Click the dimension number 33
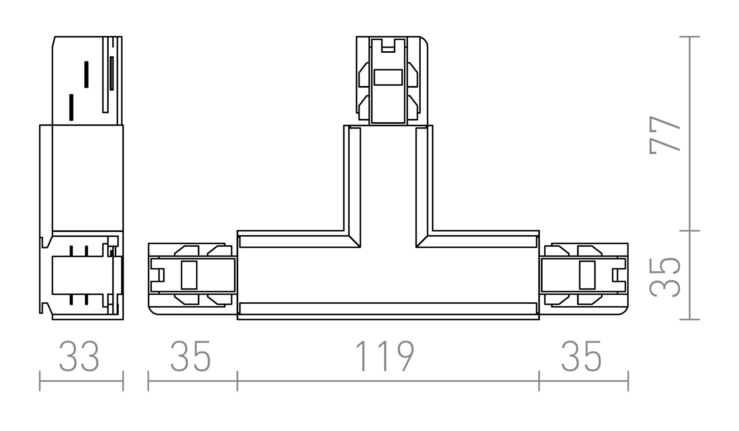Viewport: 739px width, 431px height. pyautogui.click(x=79, y=356)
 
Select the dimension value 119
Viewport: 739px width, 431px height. pyautogui.click(x=384, y=356)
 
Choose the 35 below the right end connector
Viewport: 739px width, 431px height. pyautogui.click(x=581, y=356)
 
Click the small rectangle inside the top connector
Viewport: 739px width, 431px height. pyautogui.click(x=388, y=77)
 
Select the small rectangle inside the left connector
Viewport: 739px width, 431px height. pyautogui.click(x=189, y=275)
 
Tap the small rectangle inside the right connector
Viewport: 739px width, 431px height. pyautogui.click(x=587, y=275)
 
